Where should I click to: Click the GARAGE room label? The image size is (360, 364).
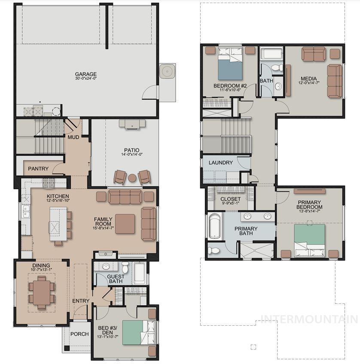85,74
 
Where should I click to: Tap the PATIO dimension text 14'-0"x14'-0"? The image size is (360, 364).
132,154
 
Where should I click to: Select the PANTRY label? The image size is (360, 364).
38,169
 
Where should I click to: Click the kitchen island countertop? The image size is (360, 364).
58,224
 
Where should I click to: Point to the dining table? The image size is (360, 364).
42,292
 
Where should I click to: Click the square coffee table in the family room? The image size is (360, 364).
125,224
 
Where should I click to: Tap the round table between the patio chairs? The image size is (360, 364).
132,178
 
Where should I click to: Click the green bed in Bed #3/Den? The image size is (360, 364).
138,332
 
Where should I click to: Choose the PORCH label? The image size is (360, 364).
79,334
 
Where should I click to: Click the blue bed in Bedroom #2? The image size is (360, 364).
230,64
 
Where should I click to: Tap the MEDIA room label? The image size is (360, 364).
309,79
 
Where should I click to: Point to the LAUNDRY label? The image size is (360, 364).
221,163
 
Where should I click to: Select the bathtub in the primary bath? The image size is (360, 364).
214,227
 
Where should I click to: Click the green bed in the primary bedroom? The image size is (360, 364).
310,240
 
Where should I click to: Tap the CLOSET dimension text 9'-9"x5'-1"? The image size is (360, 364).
230,203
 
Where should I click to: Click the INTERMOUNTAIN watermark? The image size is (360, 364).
309,319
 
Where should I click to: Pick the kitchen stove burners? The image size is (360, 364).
49,183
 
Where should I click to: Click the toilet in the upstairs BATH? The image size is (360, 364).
277,68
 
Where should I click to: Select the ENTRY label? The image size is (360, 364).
81,301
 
